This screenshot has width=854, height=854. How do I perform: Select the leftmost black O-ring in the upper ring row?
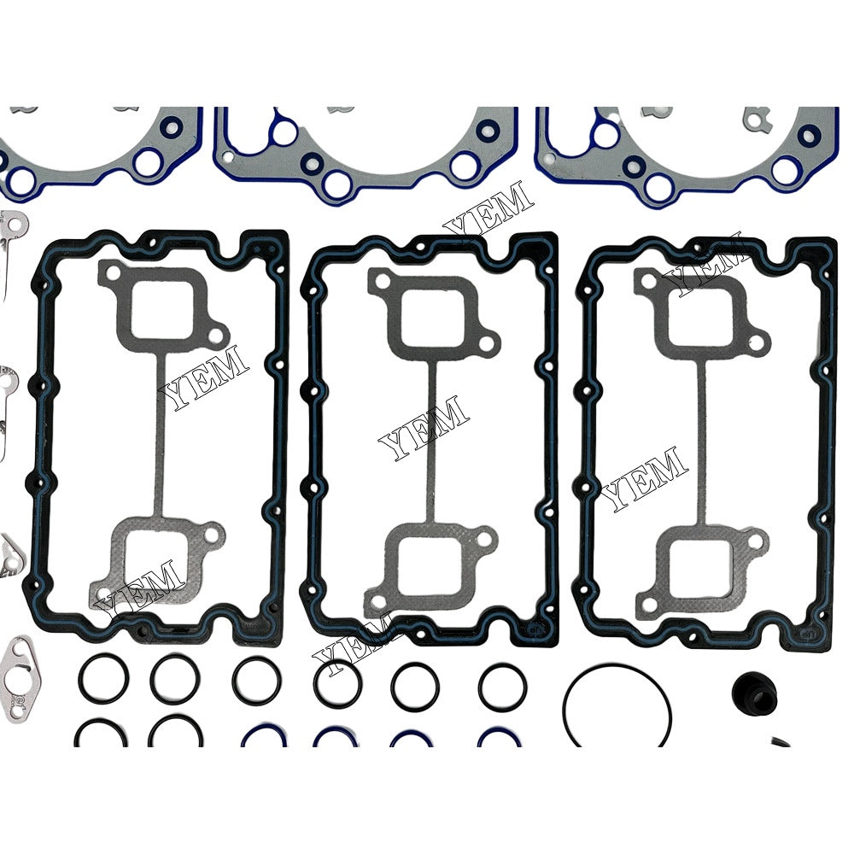point(101,677)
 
